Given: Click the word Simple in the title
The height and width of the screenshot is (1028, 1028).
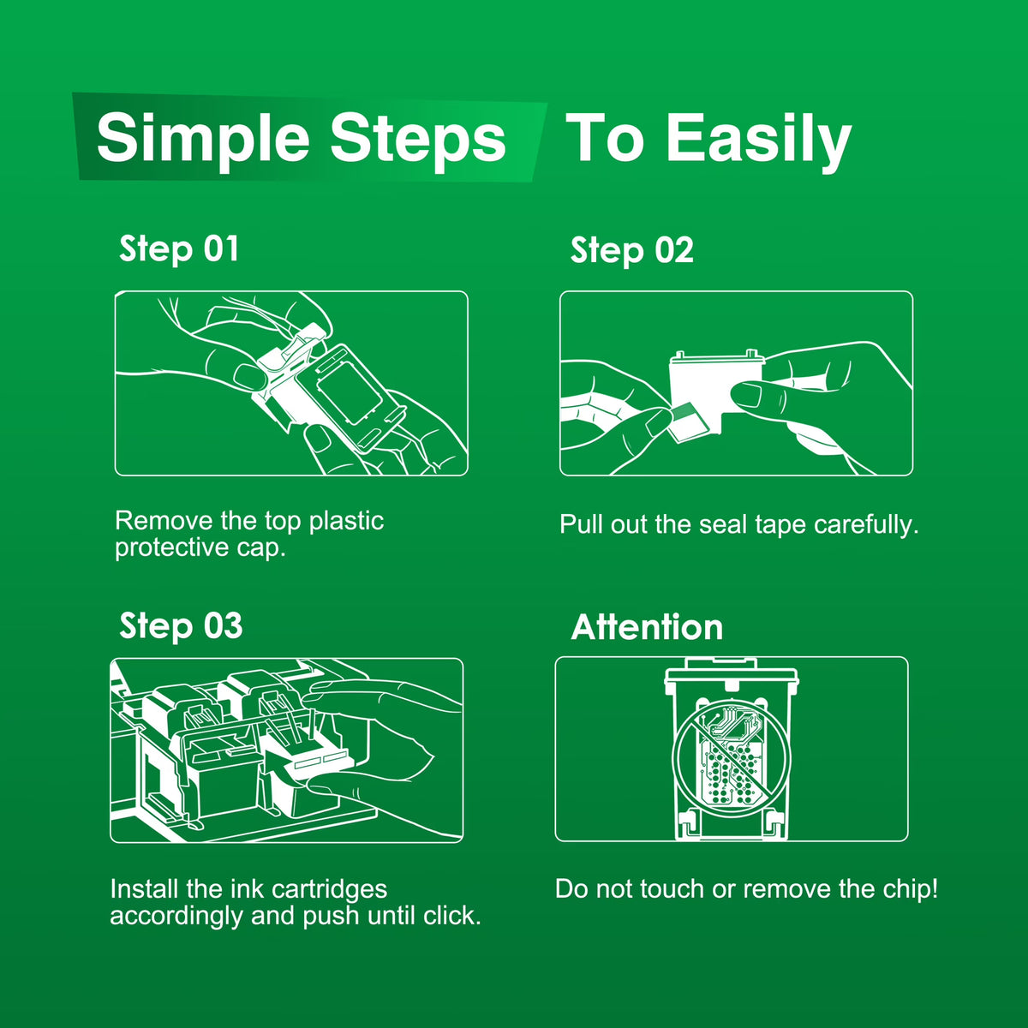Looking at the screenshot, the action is coord(203,140).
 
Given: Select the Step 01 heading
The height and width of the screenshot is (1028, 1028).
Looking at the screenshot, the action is coord(179,249).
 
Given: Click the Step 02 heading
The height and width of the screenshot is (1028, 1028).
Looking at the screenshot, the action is coord(631,250).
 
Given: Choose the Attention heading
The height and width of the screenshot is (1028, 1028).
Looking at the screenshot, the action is coord(647,627).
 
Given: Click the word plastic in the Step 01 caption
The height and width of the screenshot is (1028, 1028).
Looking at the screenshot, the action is coord(346,521).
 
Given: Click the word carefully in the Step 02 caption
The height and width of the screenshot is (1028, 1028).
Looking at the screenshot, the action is coord(866,524).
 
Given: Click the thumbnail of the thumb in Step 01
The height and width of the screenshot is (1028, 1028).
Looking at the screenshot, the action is coord(248,375).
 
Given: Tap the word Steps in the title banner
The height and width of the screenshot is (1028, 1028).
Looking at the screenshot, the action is coord(418,140).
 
